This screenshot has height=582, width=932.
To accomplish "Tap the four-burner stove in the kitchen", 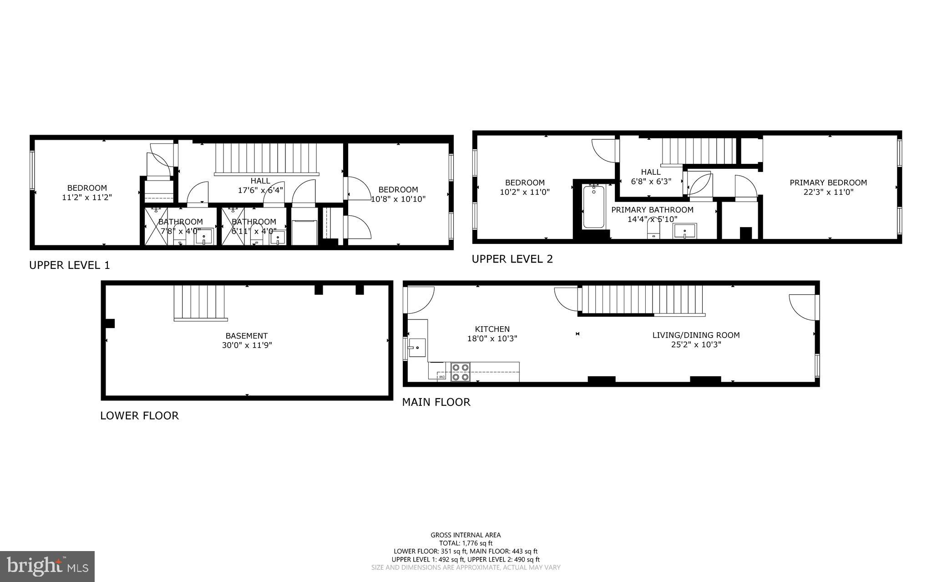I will [x=460, y=372].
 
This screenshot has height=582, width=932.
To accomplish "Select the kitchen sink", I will [x=417, y=348].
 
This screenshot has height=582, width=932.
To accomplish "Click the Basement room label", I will [x=247, y=336].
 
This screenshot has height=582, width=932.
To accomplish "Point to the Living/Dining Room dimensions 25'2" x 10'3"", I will [x=696, y=344].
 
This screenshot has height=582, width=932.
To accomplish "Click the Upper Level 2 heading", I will [x=512, y=259].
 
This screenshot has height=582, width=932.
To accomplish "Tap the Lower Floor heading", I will [x=139, y=415].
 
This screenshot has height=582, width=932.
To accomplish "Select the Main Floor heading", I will [x=436, y=402].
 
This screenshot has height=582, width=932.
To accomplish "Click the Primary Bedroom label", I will [x=828, y=182].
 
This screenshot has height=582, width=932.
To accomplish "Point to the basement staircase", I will [x=199, y=302].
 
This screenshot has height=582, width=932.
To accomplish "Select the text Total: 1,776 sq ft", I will [x=466, y=543].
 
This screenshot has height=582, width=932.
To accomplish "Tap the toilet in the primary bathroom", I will [x=653, y=230].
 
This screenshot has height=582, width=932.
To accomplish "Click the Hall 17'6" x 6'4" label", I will [x=260, y=186].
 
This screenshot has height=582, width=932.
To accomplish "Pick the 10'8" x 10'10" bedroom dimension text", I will [x=398, y=199].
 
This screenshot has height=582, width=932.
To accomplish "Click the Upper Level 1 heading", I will [x=69, y=265].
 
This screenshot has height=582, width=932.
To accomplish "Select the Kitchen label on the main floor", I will [x=492, y=329].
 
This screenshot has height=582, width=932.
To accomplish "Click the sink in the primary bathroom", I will [x=684, y=231].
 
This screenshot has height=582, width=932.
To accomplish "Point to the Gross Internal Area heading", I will [x=466, y=535].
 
